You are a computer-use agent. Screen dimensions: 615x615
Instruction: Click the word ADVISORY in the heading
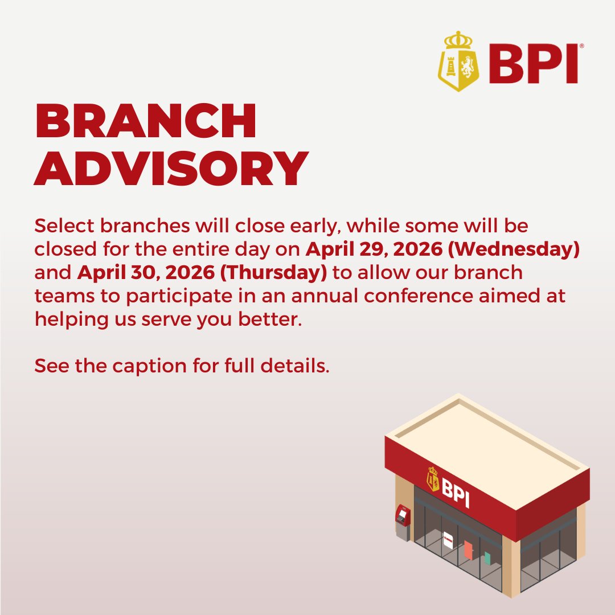tap(171, 168)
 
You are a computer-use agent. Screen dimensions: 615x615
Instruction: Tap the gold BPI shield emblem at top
tap(458, 61)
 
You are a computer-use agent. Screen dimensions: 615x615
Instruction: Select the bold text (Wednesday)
tap(514, 249)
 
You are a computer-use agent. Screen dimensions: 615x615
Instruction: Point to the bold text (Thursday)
tap(273, 273)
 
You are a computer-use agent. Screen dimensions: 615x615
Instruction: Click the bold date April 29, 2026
tap(374, 249)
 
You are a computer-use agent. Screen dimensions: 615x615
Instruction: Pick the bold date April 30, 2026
tap(146, 273)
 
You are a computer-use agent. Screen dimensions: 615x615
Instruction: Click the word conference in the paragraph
tap(418, 296)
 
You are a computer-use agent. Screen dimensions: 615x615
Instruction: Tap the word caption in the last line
tap(149, 366)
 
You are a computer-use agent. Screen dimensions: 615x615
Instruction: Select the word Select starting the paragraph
tap(64, 226)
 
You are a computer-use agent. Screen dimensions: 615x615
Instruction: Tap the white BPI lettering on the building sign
tap(456, 492)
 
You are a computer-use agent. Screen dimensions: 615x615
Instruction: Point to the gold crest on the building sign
tap(433, 478)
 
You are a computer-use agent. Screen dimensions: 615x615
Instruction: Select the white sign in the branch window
tap(448, 540)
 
